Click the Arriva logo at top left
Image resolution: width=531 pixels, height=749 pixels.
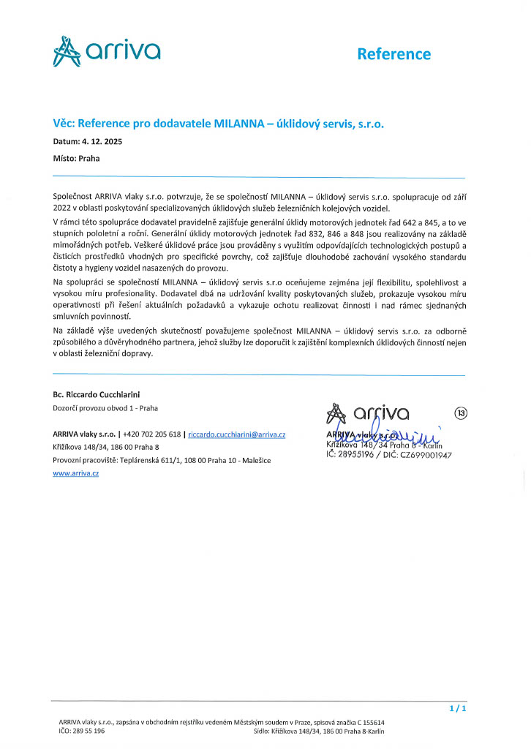coord(107,51)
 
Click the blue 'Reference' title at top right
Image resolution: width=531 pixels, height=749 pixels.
coord(393,53)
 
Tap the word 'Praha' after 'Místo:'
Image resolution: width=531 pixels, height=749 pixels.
coord(89,157)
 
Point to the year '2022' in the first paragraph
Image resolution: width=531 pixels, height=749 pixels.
coord(63,208)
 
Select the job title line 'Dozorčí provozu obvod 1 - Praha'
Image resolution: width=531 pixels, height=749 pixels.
coord(105,408)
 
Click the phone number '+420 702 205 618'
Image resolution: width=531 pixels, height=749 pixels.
coord(152,434)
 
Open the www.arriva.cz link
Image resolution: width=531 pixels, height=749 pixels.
coord(75,473)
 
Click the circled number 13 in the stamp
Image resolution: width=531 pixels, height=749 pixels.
coord(461,413)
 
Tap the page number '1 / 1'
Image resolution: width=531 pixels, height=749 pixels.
coord(457,709)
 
